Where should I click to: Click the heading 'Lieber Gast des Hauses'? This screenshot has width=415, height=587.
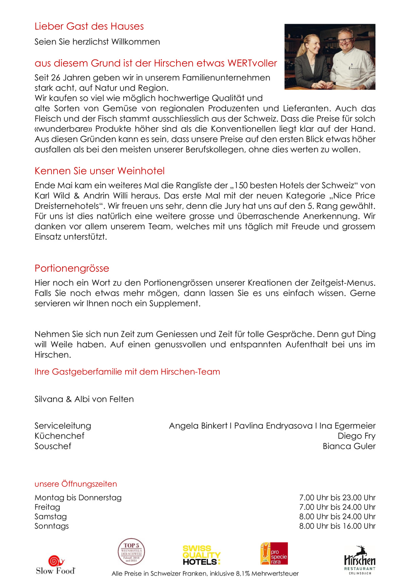point(89,26)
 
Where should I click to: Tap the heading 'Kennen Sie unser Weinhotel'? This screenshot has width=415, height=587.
point(100,171)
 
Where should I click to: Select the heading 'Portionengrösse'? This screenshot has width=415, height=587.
point(72,268)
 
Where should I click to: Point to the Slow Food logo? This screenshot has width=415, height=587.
point(56,565)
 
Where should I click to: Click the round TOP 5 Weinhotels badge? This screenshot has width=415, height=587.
point(131,552)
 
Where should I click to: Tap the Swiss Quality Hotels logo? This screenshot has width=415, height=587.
point(201,555)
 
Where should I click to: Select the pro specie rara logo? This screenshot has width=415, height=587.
point(274,553)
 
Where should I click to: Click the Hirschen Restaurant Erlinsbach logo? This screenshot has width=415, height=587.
point(360,560)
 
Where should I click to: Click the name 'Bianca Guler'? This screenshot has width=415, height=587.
point(349,446)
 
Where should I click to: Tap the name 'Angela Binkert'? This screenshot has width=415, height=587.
point(198,426)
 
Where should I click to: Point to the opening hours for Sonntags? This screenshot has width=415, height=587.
point(337,526)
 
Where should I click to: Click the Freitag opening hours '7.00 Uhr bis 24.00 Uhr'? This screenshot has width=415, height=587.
point(337,507)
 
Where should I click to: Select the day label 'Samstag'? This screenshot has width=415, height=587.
point(51,517)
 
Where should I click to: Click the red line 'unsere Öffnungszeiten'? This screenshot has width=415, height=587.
point(76,484)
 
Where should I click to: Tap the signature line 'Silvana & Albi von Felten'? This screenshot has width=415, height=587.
point(84,399)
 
